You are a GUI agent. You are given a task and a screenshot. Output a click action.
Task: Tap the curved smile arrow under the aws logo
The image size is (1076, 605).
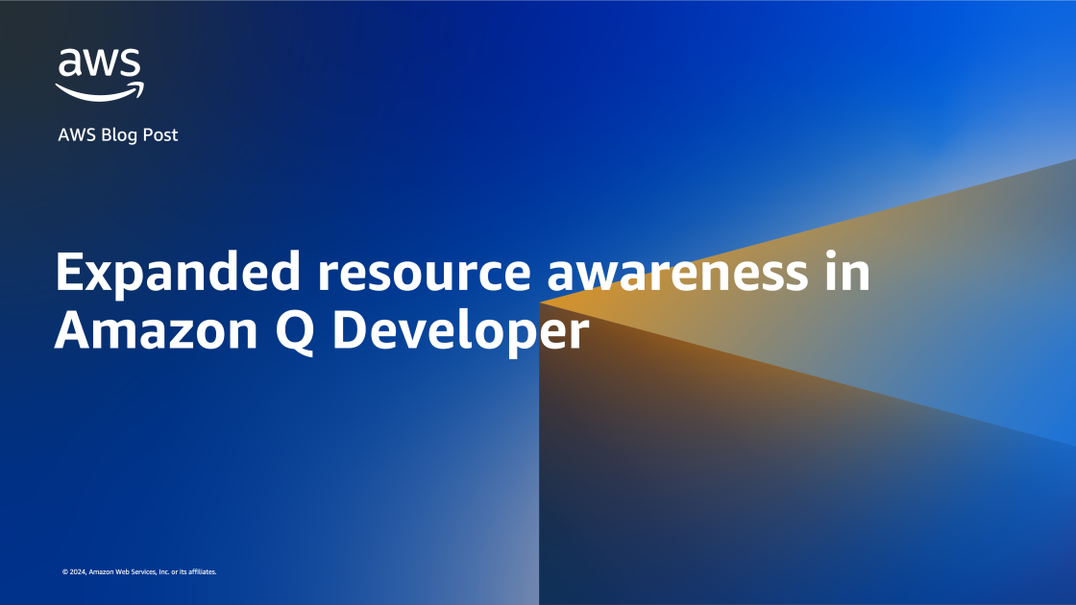[99, 91]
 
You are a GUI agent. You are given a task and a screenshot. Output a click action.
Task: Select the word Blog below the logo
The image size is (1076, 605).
[119, 135]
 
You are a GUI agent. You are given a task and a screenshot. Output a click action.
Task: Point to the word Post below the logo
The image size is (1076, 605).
[159, 135]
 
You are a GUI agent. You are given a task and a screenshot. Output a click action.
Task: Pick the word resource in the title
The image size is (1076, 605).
[424, 274]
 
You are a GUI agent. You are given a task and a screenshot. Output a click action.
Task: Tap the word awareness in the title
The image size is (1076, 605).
[677, 274]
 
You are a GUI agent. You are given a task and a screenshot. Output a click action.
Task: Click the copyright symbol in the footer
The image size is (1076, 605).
[64, 572]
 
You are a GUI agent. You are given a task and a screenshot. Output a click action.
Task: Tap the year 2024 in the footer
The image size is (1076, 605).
[76, 572]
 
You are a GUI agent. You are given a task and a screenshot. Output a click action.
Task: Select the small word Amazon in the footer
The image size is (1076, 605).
[101, 572]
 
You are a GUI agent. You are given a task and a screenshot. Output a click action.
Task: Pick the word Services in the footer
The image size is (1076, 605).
[147, 572]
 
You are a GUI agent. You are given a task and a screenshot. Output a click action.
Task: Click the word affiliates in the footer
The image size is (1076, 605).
[204, 572]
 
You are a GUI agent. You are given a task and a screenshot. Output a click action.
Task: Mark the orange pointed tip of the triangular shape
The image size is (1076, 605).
[545, 302]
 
